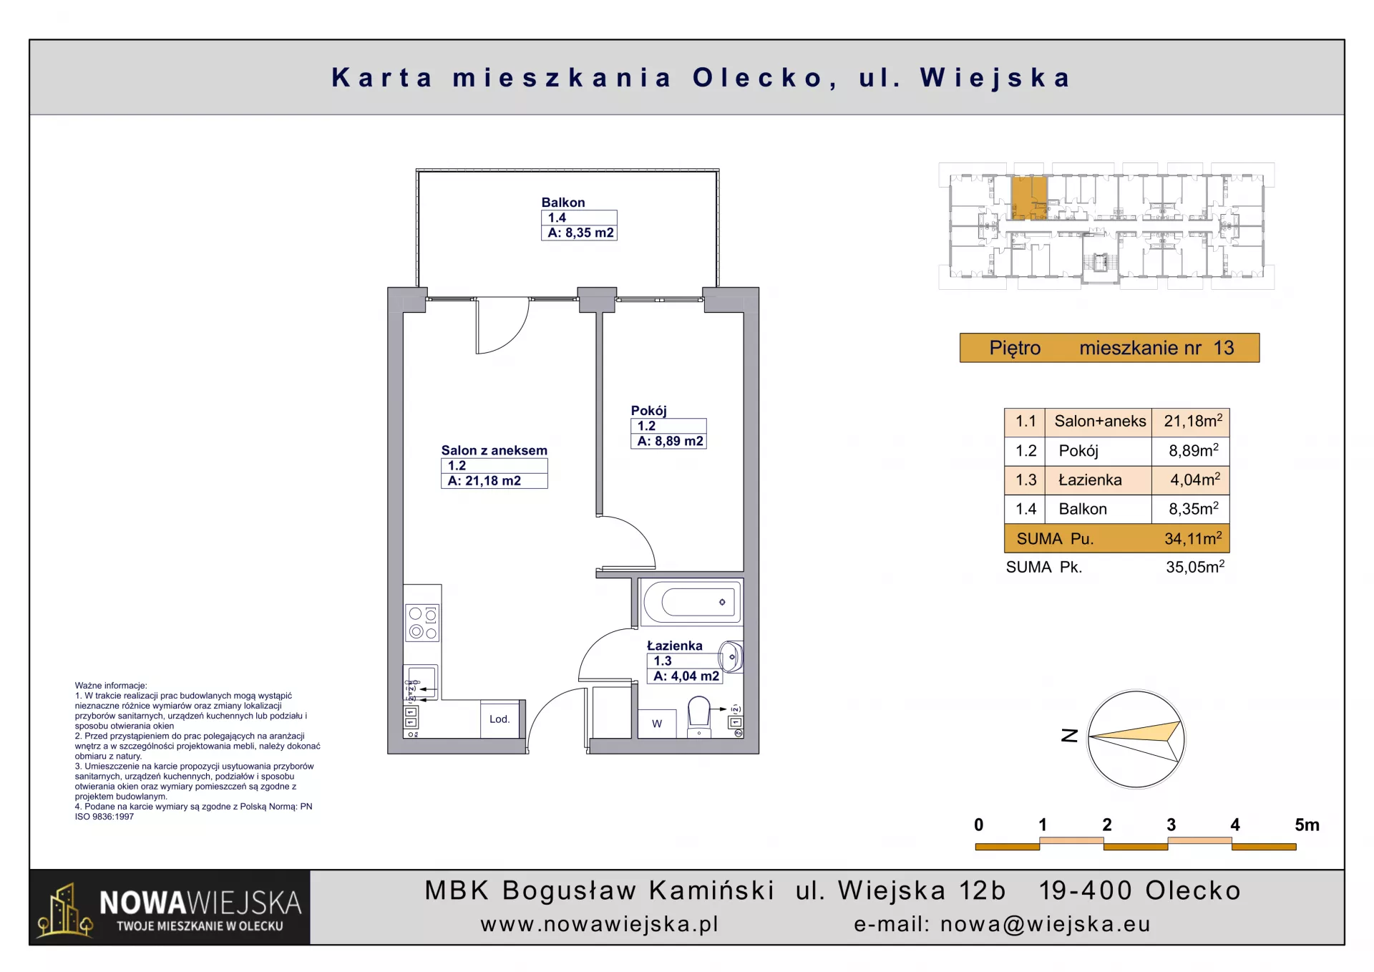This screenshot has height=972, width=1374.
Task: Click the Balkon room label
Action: coord(563,203)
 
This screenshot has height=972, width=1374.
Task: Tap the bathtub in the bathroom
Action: coord(692,602)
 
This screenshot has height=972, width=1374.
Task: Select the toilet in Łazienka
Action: coord(698,716)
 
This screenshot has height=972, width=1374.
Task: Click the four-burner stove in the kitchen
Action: coord(422,623)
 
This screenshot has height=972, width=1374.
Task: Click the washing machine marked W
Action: coord(657,723)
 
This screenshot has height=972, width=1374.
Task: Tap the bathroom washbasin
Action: coord(731,656)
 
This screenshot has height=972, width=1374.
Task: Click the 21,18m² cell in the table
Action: coord(1193,421)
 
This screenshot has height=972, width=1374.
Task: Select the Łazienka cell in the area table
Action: coord(1090,480)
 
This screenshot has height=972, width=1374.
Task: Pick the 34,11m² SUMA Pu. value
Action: coord(1193,538)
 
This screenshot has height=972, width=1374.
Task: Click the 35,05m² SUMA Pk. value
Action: coord(1195,567)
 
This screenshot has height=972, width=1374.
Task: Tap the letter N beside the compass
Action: coord(1069,736)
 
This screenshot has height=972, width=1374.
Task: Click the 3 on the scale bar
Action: coord(1171,825)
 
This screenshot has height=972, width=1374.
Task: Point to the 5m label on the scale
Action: coord(1307,825)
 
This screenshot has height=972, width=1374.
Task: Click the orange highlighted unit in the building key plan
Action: coord(1029,198)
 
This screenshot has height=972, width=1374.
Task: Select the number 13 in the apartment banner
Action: coord(1224,348)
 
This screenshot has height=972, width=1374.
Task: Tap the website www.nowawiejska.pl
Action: coord(600,924)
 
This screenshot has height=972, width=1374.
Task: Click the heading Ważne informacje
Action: coord(111,685)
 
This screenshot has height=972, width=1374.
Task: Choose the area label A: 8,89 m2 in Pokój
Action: coord(670,441)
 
